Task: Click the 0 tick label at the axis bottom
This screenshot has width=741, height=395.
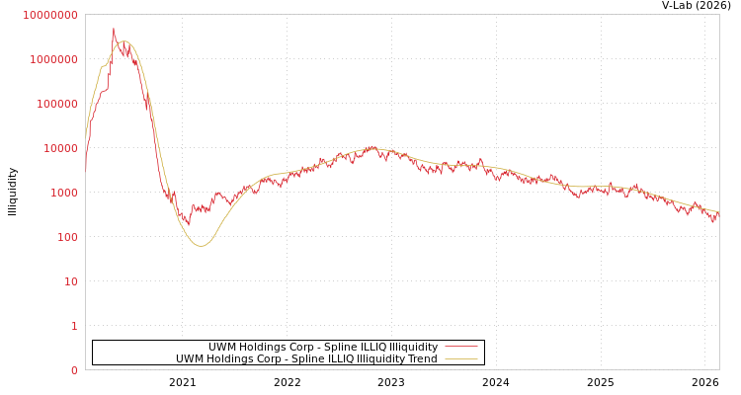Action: [x=74, y=370]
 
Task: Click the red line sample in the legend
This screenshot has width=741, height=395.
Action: [x=461, y=347]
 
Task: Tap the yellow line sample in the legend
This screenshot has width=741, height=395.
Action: [x=461, y=358]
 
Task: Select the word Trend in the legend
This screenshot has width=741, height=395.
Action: [x=420, y=358]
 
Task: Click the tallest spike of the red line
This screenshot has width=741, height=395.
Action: [x=113, y=29]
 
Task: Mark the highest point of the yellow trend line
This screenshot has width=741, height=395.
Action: [x=123, y=41]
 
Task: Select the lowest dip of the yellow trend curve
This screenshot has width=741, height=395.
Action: [x=201, y=245]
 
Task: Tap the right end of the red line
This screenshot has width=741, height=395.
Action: [x=718, y=213]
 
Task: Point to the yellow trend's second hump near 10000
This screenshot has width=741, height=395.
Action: [x=372, y=148]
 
